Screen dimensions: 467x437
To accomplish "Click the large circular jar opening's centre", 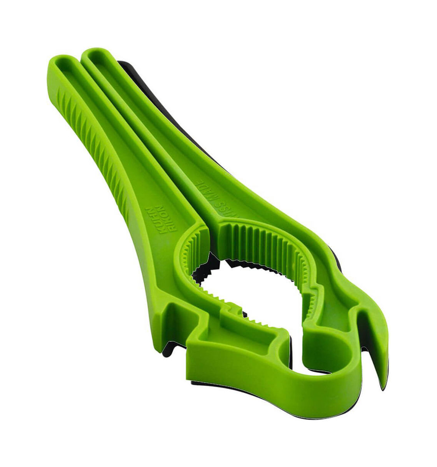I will (249, 296).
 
